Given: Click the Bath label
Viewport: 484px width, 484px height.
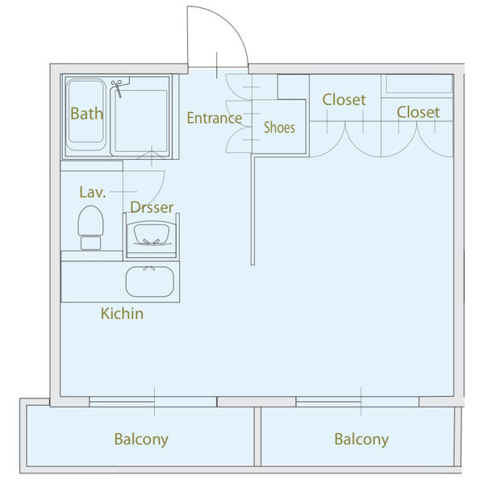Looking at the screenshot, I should pos(86,114).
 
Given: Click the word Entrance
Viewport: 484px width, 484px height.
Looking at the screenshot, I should pos(214,118).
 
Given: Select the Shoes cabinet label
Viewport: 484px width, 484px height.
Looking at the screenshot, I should pos(279,127).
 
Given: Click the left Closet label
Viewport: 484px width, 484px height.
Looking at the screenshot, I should pos(344,100).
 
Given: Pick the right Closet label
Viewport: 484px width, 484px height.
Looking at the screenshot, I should pos(418,112).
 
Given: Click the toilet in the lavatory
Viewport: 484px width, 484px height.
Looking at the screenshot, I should pos(90,227).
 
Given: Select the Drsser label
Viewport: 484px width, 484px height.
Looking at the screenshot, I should pos(152,208).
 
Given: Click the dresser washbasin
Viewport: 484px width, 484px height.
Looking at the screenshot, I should pos(152,235).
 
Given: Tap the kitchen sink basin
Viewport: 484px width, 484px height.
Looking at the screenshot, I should pos(150,282).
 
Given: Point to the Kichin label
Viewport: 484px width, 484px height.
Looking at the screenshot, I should pos(122,313).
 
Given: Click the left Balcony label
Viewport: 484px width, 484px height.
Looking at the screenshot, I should pos(141,440).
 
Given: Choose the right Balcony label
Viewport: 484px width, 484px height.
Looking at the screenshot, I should pos(361,440).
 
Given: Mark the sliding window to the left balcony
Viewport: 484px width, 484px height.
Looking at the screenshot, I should pos(152,400).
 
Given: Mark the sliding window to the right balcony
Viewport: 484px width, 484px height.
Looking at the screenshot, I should pos(360,400).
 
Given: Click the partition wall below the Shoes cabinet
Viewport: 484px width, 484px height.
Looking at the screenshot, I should pos(253,210).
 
